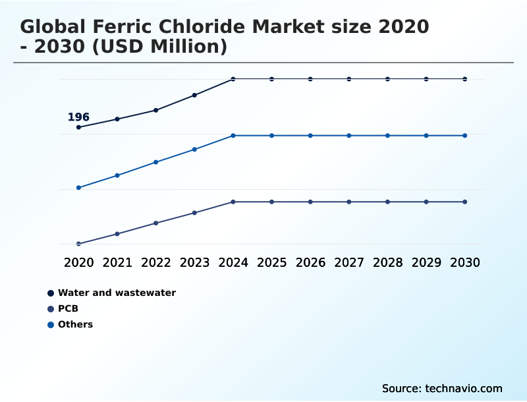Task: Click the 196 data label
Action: tap(78, 117)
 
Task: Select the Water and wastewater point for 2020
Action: tap(78, 127)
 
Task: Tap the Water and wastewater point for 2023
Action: tap(194, 95)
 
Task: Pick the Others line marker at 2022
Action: tap(156, 162)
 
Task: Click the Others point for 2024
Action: tap(233, 136)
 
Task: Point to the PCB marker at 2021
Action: tap(117, 234)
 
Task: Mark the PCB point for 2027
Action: tap(349, 202)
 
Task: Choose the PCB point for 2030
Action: tap(465, 202)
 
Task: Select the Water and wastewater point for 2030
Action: tap(465, 79)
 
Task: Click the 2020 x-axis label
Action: tap(78, 262)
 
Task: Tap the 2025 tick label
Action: tap(271, 262)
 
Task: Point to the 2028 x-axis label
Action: tap(387, 262)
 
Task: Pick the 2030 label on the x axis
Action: tap(465, 262)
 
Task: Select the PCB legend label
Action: tap(68, 308)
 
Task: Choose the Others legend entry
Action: tap(75, 324)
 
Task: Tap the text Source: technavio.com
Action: tap(442, 388)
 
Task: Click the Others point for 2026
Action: tap(310, 136)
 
